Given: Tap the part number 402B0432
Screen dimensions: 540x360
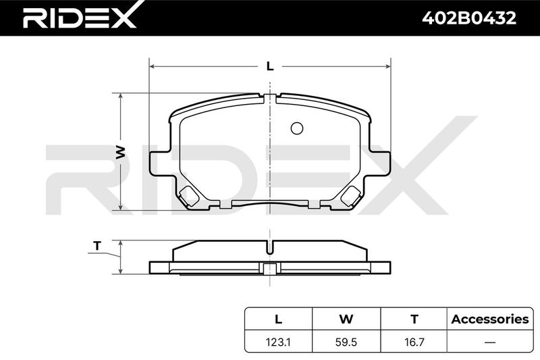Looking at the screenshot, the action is (469, 18).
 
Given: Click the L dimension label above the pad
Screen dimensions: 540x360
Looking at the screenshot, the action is (270, 66).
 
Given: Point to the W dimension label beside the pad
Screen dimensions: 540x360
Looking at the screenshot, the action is (120, 152).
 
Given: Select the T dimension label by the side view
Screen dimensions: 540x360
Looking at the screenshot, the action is (97, 246).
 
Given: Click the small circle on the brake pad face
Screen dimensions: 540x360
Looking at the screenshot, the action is (297, 128).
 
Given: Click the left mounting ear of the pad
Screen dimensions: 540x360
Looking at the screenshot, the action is (160, 163).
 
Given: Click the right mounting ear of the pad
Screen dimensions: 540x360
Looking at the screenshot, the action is (380, 163).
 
